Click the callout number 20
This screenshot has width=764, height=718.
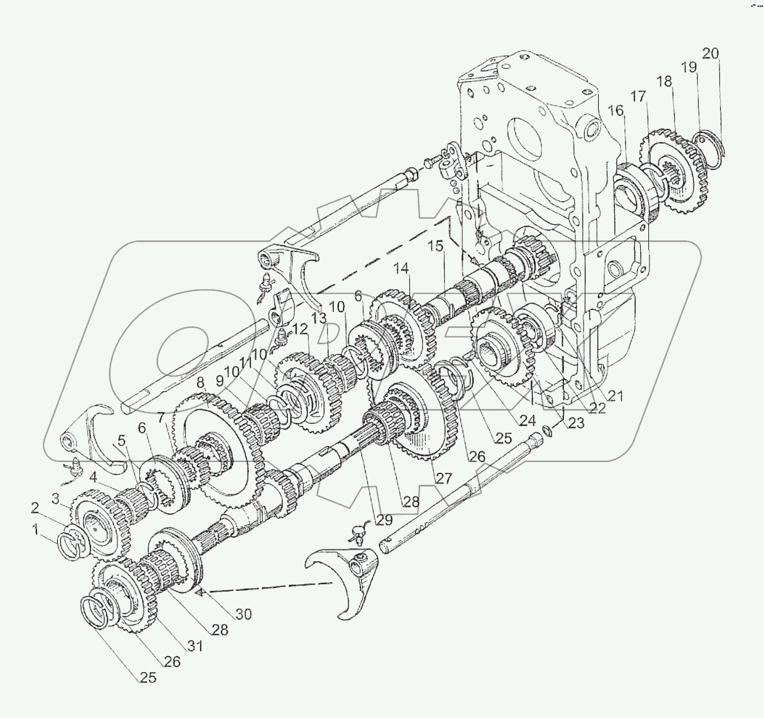pyautogui.click(x=711, y=53)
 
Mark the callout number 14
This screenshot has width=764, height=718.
pyautogui.click(x=401, y=268)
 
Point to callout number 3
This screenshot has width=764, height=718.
pyautogui.click(x=56, y=498)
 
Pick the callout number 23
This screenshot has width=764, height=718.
pyautogui.click(x=575, y=423)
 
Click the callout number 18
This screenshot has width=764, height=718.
pyautogui.click(x=664, y=81)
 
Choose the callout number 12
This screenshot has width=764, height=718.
pyautogui.click(x=300, y=329)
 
